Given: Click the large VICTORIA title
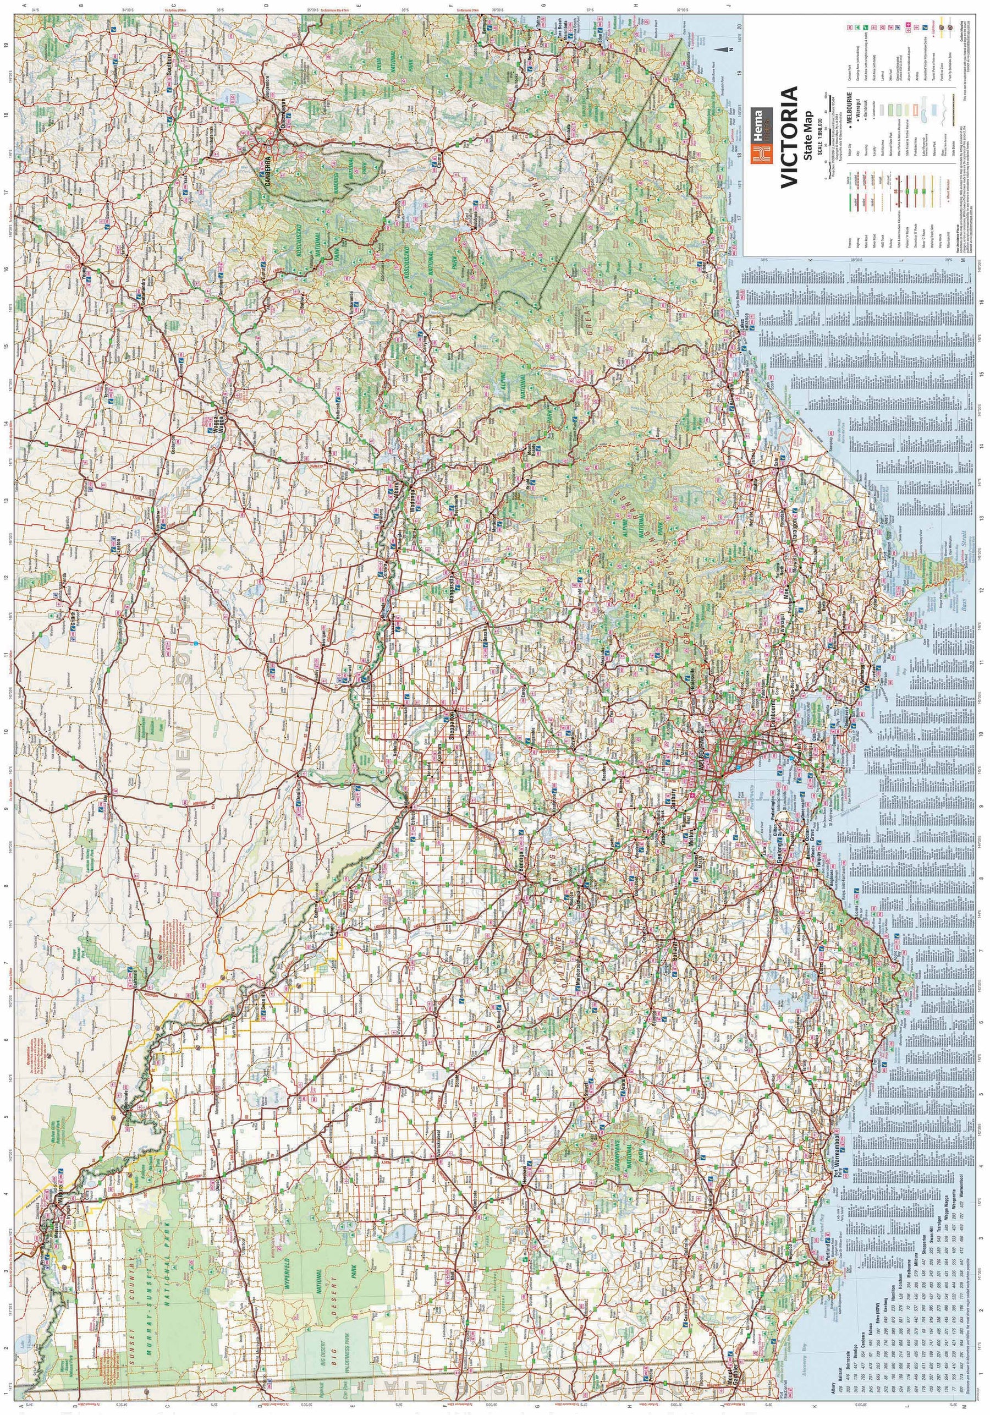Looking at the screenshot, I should click(x=789, y=137).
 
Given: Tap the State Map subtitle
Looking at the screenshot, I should click(x=807, y=137).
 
